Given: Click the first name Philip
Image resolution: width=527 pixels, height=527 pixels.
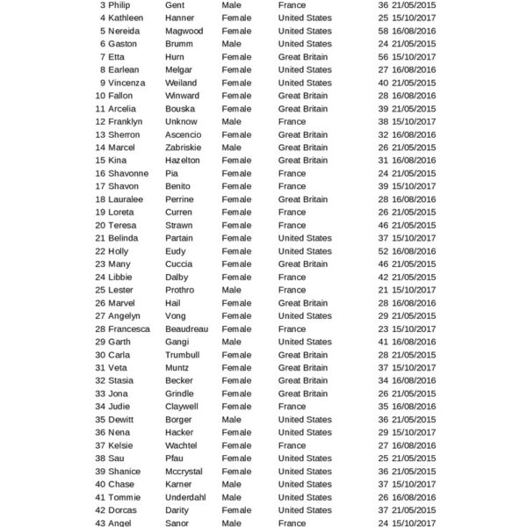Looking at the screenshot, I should [119, 5].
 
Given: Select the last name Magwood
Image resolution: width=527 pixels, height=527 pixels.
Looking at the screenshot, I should [184, 31].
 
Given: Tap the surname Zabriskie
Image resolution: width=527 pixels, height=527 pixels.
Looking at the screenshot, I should [183, 148].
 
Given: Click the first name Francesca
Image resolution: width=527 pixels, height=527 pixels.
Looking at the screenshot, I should [129, 328].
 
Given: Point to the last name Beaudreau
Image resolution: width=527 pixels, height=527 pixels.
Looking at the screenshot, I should [187, 328].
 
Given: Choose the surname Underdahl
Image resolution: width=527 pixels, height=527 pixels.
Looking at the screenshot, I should [185, 497].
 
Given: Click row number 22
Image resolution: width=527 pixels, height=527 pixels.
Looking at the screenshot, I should [101, 251].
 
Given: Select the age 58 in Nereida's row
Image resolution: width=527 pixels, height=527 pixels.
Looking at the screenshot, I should [383, 31].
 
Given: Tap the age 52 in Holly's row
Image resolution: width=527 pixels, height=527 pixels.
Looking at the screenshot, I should [383, 251].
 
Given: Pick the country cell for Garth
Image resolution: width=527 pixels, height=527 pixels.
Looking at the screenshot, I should [305, 342].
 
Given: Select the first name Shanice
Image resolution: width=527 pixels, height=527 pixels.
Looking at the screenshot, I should [124, 472].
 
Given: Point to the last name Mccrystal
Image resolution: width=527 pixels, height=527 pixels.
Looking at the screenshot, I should [184, 472].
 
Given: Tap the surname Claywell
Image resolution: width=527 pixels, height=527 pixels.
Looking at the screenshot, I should [182, 407].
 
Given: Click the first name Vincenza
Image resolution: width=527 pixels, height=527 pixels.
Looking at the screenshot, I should [126, 83].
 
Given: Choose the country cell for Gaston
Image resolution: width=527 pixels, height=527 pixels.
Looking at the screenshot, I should [305, 44].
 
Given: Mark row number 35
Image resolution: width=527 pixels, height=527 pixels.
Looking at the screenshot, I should [101, 420].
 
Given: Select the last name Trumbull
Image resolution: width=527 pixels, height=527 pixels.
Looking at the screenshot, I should [183, 355].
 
